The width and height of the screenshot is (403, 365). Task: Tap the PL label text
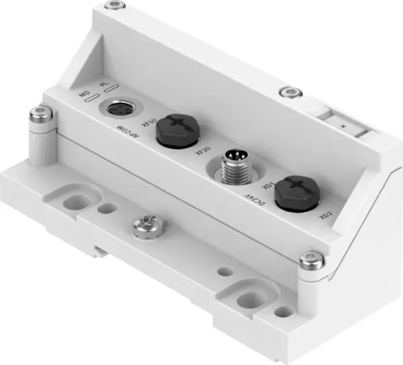pyautogui.click(x=103, y=87)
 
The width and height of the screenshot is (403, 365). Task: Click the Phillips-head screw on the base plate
pyautogui.click(x=144, y=227)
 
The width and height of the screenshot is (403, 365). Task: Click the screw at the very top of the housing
pyautogui.click(x=119, y=6)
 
